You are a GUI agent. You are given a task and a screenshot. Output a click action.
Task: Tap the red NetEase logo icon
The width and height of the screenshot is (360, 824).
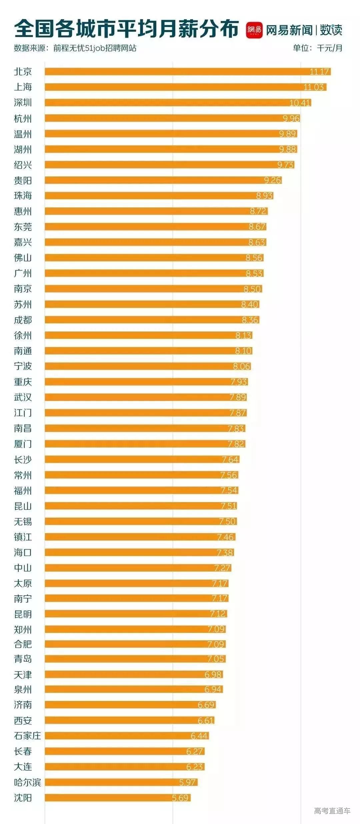click(x=254, y=30)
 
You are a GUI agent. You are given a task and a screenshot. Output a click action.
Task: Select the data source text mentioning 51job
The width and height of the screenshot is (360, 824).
click(x=75, y=48)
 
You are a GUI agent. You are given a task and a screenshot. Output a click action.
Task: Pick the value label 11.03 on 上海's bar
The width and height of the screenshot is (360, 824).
click(x=314, y=87)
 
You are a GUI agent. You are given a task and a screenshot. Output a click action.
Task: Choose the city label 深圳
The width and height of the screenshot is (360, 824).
click(x=23, y=102)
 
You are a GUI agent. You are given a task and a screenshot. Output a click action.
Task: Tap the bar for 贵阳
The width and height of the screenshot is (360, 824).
click(x=163, y=180)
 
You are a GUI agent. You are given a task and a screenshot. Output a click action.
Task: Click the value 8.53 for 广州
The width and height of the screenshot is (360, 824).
click(x=254, y=273)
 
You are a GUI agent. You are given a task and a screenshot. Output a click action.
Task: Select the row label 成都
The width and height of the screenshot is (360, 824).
click(x=23, y=320)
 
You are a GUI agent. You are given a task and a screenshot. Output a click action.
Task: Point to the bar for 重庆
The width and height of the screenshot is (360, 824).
click(x=146, y=381)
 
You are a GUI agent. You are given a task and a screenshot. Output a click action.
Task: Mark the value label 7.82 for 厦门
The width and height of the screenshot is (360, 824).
click(x=236, y=444)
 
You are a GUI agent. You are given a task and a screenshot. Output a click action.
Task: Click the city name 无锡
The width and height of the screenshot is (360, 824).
click(x=23, y=522)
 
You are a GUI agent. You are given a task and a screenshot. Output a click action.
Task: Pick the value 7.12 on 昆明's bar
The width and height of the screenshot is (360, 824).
click(x=218, y=614)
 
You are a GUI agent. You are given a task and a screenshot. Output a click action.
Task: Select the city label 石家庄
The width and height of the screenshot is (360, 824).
click(x=27, y=736)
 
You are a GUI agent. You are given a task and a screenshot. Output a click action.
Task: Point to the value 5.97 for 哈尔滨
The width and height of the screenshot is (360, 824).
click(x=187, y=782)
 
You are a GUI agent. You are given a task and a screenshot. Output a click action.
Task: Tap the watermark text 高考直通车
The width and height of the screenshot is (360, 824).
click(x=332, y=811)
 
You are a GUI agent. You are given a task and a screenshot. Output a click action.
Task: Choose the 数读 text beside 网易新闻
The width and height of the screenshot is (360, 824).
click(x=331, y=30)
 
